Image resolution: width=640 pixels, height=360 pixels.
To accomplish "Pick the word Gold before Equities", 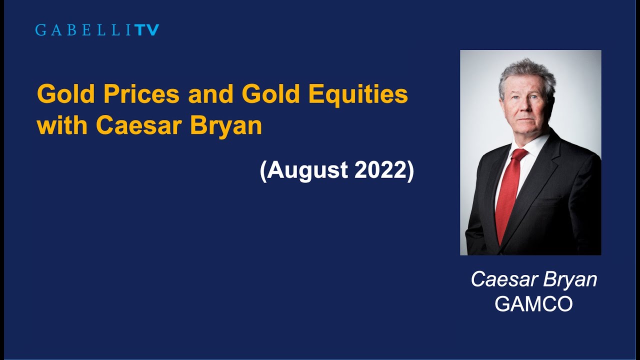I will click(x=272, y=94).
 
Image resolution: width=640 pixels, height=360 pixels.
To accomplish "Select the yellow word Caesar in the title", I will click(x=139, y=125).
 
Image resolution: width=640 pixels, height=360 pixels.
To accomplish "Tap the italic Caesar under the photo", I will click(x=503, y=279).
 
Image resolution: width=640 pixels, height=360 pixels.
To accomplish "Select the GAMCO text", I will click(x=533, y=304).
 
